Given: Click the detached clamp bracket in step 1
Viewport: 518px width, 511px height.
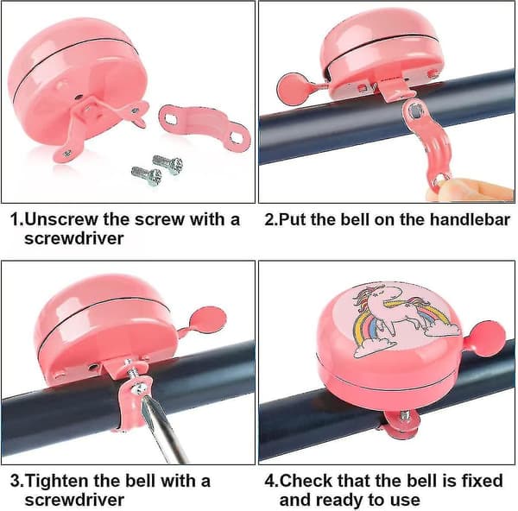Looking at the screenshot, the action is click(205, 127).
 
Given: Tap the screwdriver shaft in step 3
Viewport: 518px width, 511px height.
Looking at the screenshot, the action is click(162, 429).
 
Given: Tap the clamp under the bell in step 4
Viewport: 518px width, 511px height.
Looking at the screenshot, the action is click(401, 424).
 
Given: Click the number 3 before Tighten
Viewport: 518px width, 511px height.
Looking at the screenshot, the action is click(16, 481).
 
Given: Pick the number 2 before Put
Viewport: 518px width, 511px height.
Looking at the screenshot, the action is click(269, 219).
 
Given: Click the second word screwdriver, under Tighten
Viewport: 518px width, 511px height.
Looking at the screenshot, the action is click(74, 501).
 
